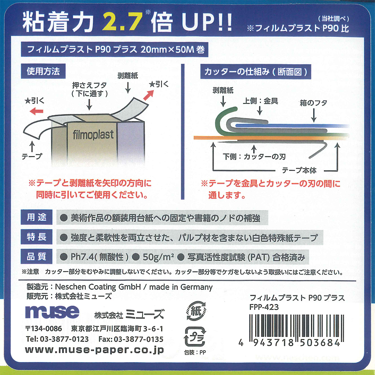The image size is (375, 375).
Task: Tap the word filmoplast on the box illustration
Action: (x=91, y=134)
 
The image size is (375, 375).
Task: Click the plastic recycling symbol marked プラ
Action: (x=193, y=337)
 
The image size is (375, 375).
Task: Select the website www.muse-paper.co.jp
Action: (x=94, y=350)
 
